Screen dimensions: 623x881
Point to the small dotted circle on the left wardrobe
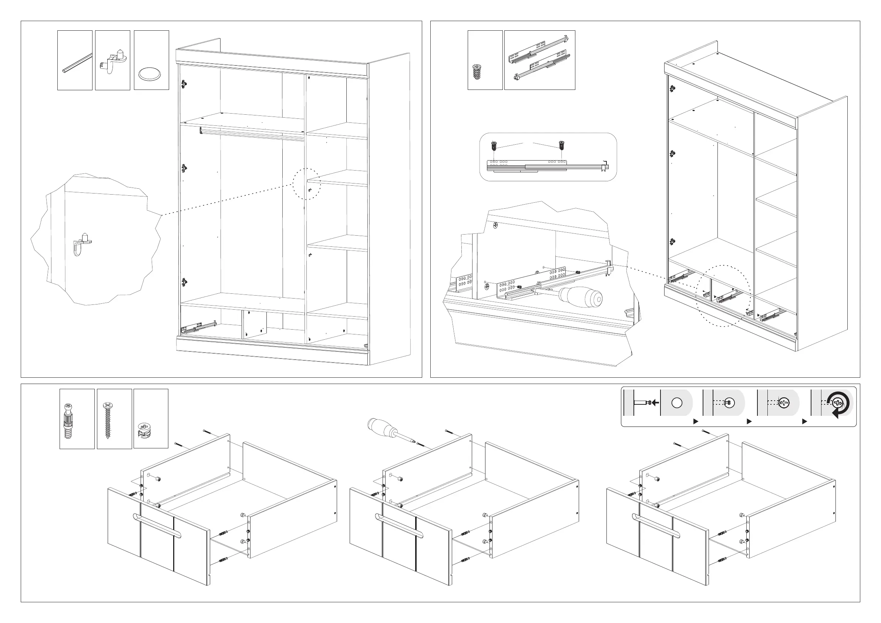307,184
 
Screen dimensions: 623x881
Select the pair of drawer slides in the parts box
539,58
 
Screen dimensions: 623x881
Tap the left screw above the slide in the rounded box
494,146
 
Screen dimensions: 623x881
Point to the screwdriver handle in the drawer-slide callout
581,297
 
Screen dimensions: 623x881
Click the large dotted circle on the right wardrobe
724,296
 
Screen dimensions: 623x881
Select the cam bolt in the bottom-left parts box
68,421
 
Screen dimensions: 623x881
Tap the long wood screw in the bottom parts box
108,420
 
